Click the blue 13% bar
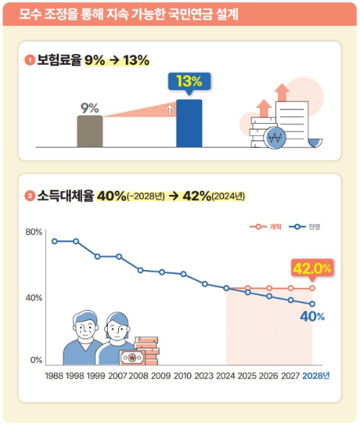tap(189, 123)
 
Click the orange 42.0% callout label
tap(312, 268)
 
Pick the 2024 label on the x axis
tap(226, 376)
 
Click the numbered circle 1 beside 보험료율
tap(30, 60)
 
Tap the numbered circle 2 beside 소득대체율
tap(30, 195)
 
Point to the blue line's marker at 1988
tap(54, 240)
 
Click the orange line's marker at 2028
tap(312, 288)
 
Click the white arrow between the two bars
tap(169, 110)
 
